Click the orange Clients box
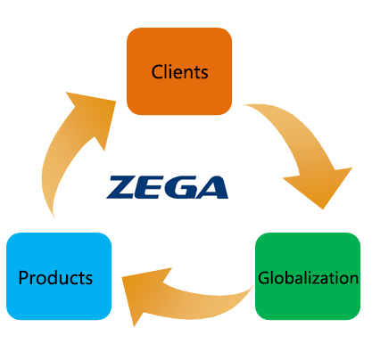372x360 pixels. [x=179, y=71]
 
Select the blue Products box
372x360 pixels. [x=59, y=276]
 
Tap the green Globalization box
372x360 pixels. [x=308, y=276]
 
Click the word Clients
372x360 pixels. [x=179, y=72]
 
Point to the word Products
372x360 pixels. [x=55, y=278]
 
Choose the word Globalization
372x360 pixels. [x=308, y=278]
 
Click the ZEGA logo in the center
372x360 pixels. [x=168, y=187]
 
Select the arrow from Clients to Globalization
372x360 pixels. [x=301, y=149]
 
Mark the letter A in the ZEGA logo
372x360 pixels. [x=211, y=188]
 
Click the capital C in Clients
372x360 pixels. [x=156, y=72]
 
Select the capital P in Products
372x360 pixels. [x=23, y=278]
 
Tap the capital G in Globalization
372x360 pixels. [x=264, y=278]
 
